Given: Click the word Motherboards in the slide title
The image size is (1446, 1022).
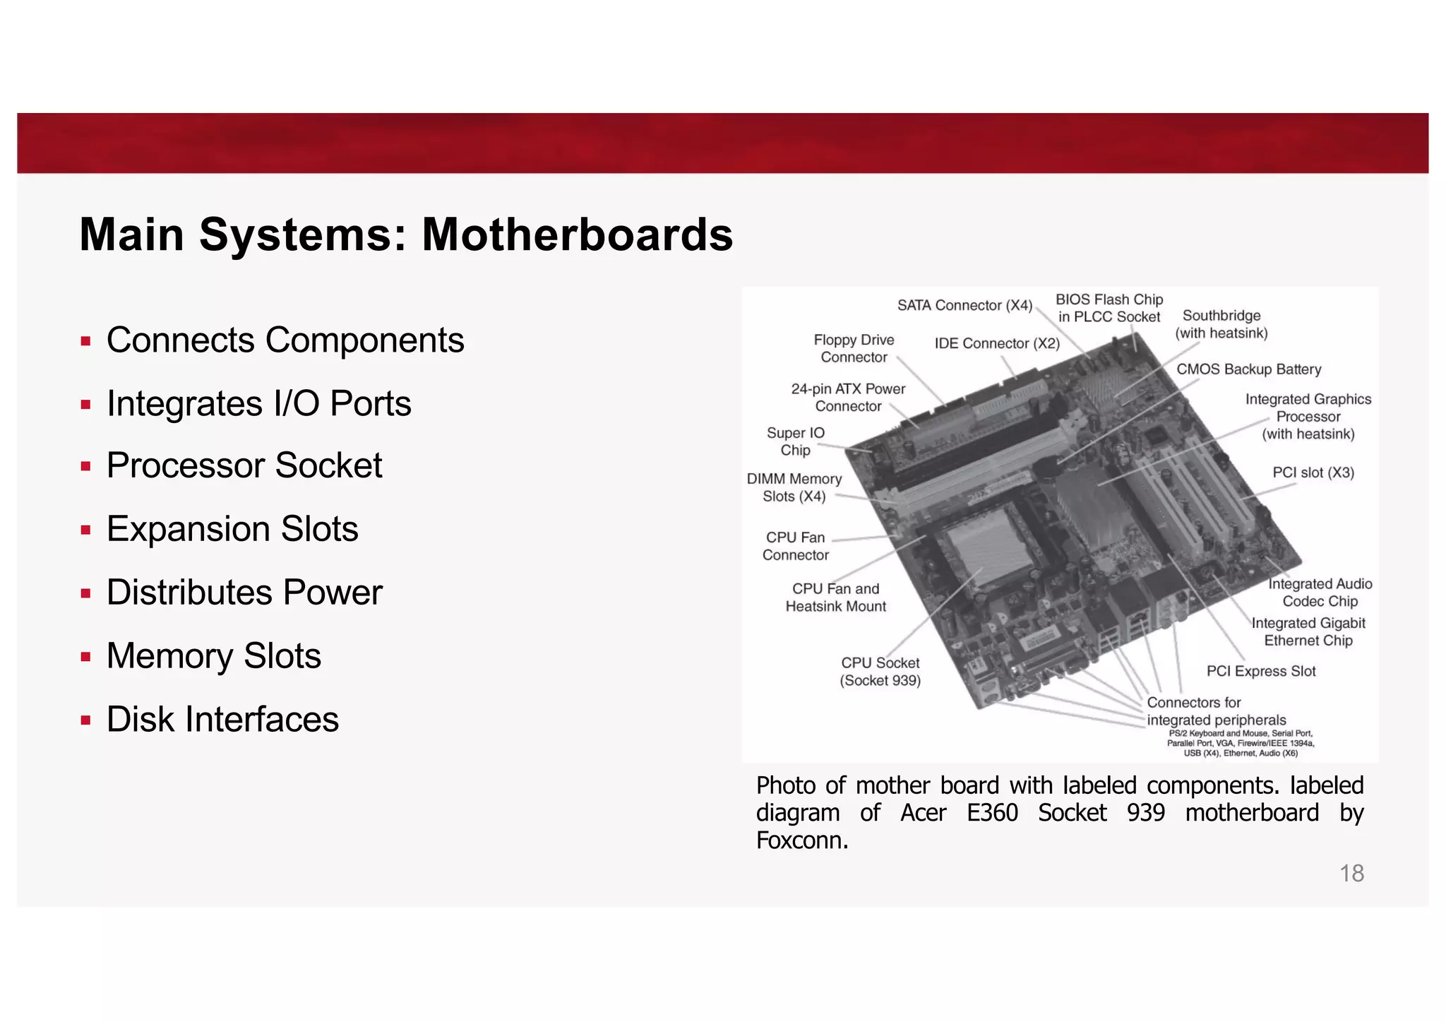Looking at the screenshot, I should (577, 234).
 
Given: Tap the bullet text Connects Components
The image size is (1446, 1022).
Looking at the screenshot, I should (285, 340).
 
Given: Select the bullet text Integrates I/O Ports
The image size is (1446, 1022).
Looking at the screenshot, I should (258, 404).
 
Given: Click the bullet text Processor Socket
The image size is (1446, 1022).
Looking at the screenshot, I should (244, 466).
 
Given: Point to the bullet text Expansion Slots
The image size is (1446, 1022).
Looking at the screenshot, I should (232, 529).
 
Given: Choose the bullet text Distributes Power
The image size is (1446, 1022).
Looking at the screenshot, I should (244, 593).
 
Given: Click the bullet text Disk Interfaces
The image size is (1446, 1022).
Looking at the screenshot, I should (222, 720).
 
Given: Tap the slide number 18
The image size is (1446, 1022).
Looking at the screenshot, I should (1351, 874).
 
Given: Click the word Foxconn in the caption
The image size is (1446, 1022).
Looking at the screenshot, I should (801, 840).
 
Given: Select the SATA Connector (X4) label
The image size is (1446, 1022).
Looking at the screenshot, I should (964, 306).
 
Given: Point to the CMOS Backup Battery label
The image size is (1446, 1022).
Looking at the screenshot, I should (1248, 369).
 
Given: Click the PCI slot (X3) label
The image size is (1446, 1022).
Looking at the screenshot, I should (1313, 473).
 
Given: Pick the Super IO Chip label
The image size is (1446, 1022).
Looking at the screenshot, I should (795, 441).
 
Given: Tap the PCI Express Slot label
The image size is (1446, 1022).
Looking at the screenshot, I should (1261, 671).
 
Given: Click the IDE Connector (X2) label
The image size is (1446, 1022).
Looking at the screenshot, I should (997, 344).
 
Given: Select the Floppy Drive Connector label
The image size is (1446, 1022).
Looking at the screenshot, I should (854, 349).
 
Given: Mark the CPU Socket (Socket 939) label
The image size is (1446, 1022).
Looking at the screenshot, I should (880, 672).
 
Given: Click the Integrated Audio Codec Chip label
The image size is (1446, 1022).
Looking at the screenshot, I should (1320, 593).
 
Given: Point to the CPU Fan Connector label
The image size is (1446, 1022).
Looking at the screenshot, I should (795, 547).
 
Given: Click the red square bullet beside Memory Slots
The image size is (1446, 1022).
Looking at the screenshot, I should (85, 657).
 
